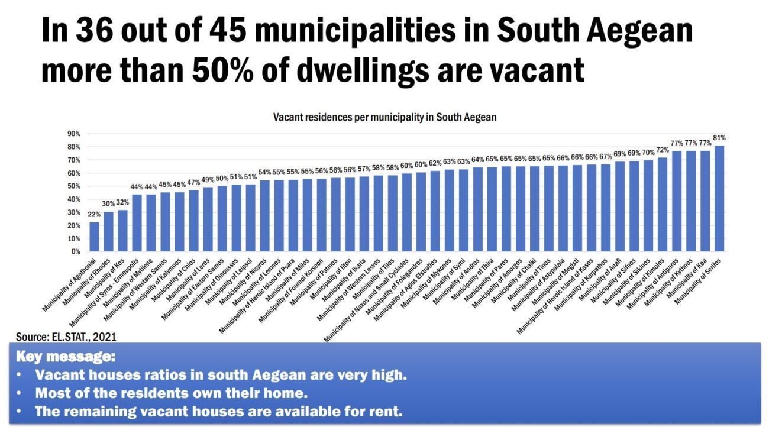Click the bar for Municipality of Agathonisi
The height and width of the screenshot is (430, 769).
point(95,237)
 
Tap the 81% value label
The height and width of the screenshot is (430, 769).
point(719,138)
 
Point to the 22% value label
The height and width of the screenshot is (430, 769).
point(95,215)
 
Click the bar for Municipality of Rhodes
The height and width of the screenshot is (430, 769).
point(109,231)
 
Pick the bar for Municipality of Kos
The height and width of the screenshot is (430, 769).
point(123,230)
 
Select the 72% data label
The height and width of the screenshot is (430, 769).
point(663,150)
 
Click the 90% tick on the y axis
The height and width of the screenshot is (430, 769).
point(74,134)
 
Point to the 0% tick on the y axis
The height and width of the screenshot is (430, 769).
point(76,251)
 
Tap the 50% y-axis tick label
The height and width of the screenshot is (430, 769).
point(74,186)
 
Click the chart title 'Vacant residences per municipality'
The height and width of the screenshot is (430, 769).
point(384,117)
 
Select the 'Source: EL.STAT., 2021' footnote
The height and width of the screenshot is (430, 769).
point(66,337)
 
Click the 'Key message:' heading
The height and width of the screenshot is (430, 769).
point(66,358)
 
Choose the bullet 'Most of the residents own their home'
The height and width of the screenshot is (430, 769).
point(172,393)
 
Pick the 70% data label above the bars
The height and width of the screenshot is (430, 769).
point(648,153)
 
